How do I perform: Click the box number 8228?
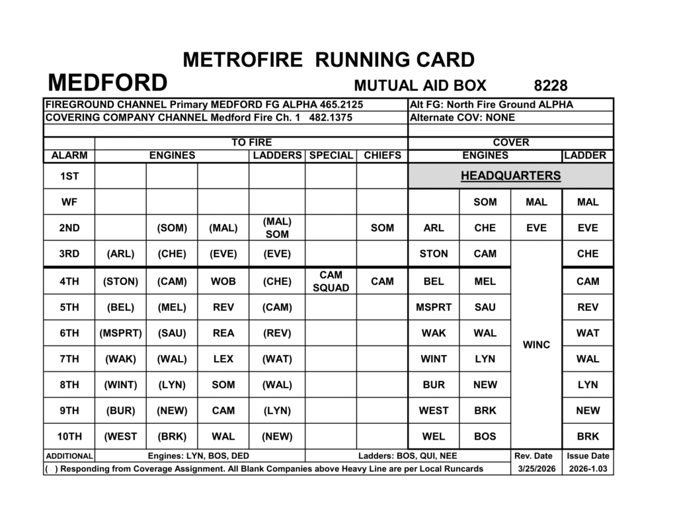pyautogui.click(x=550, y=85)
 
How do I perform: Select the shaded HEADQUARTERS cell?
pyautogui.click(x=510, y=176)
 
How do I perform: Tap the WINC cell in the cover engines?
pyautogui.click(x=536, y=345)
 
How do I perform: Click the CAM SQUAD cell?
pyautogui.click(x=331, y=281)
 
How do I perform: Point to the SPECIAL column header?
pyautogui.click(x=331, y=155)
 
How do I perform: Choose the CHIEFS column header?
pyautogui.click(x=382, y=155)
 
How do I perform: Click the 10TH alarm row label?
pyautogui.click(x=69, y=436)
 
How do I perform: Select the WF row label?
pyautogui.click(x=69, y=202)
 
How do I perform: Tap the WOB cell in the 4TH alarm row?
pyautogui.click(x=223, y=281)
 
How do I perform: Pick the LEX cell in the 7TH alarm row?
pyautogui.click(x=223, y=359)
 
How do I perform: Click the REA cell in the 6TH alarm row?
pyautogui.click(x=223, y=333)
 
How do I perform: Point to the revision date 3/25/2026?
pyautogui.click(x=536, y=469)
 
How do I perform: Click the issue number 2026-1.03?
pyautogui.click(x=588, y=469)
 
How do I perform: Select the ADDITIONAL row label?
pyautogui.click(x=69, y=456)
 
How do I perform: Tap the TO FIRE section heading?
pyautogui.click(x=251, y=142)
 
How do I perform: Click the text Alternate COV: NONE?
pyautogui.click(x=462, y=118)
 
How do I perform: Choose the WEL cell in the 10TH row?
pyautogui.click(x=434, y=436)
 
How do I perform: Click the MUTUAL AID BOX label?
pyautogui.click(x=420, y=85)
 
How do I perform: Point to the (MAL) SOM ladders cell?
pyautogui.click(x=277, y=227)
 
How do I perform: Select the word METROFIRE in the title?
pyautogui.click(x=243, y=60)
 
